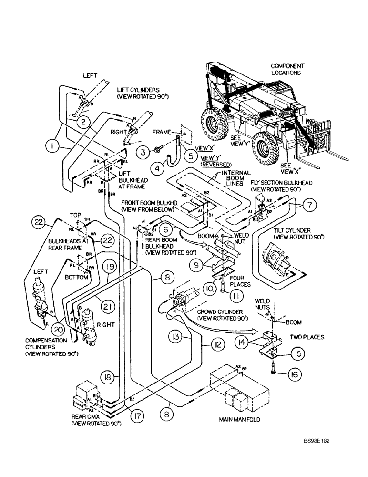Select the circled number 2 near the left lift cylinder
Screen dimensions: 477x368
point(83,122)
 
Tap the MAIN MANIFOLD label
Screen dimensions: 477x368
point(242,420)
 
